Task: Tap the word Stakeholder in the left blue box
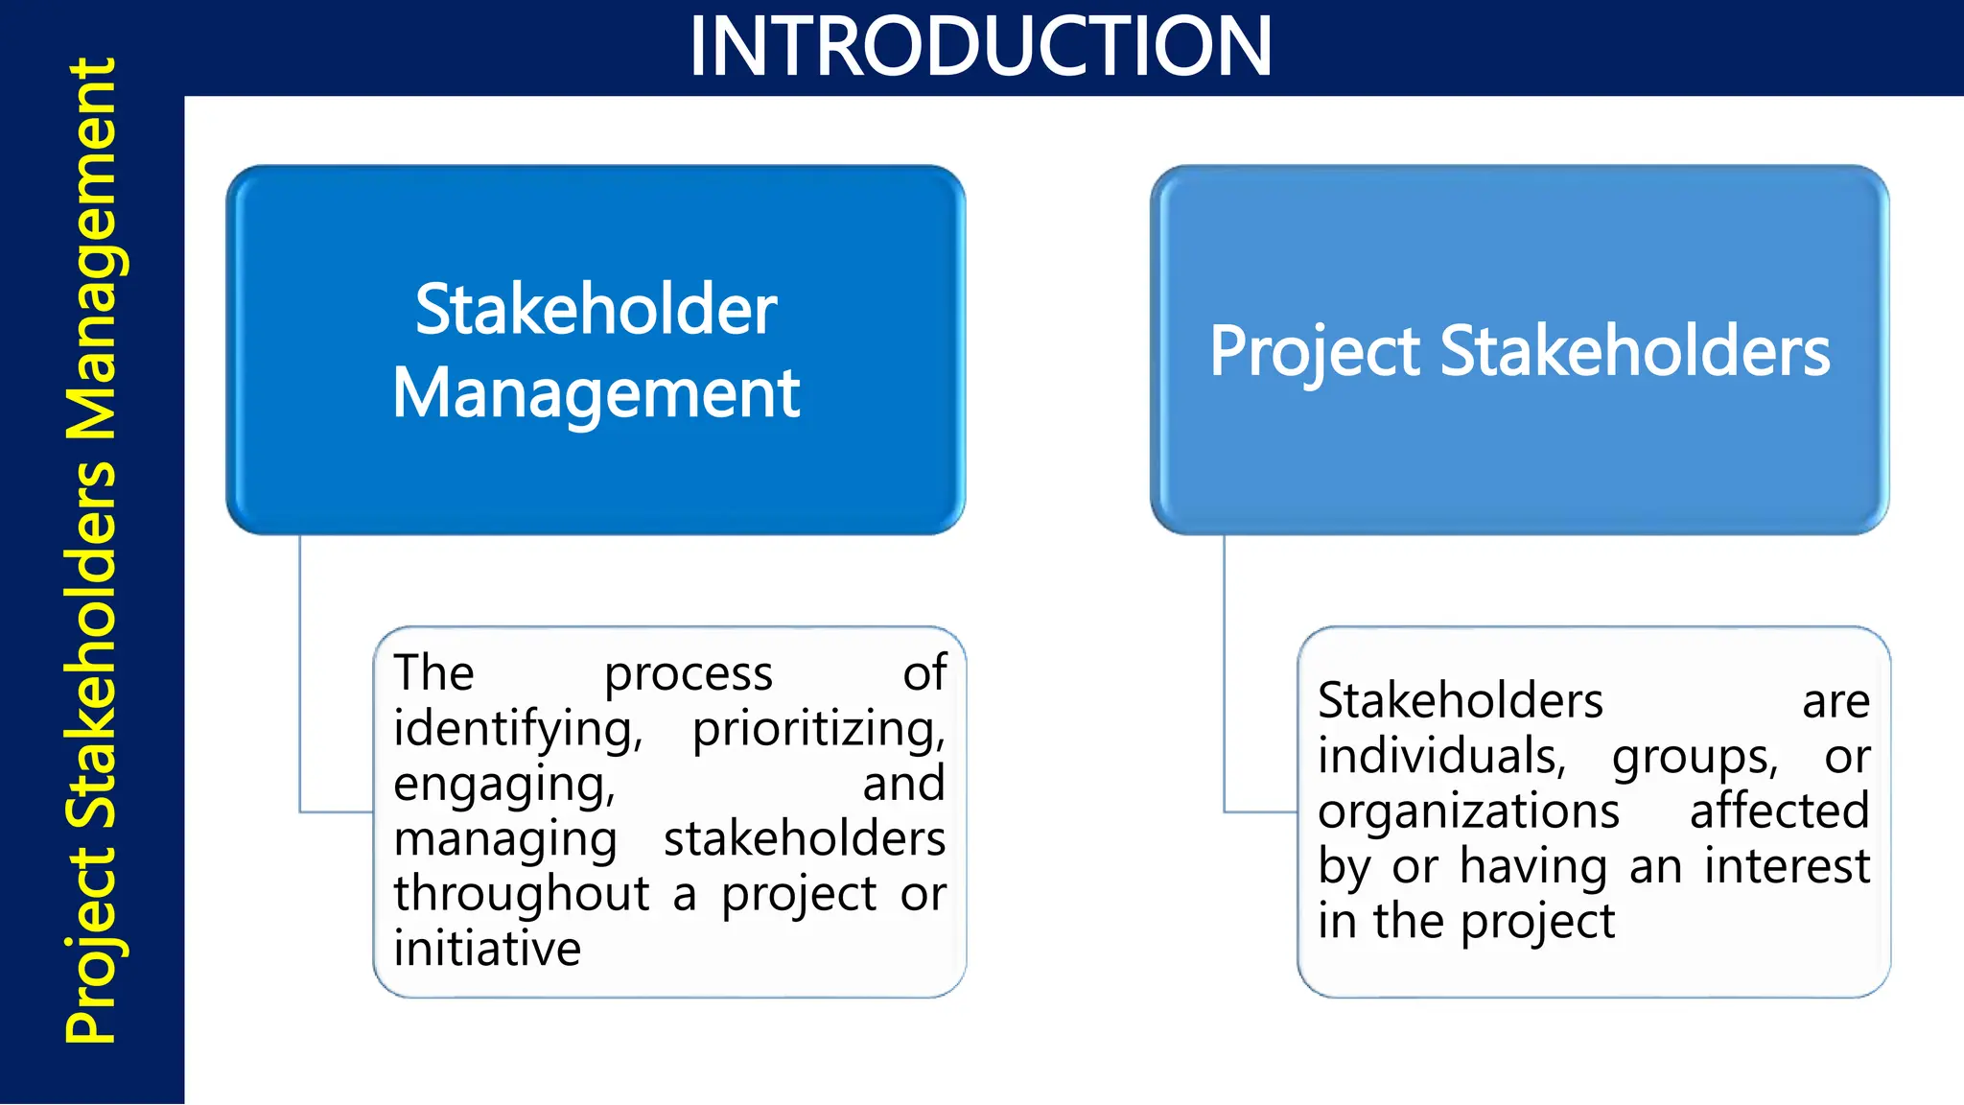[596, 310]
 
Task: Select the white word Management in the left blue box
[596, 393]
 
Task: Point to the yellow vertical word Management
[92, 249]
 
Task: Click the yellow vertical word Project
[92, 945]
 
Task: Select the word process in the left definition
[688, 674]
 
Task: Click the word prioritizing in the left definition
[818, 730]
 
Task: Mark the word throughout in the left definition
[522, 894]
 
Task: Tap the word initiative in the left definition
[487, 950]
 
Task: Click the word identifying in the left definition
[517, 730]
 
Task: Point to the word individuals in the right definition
[1441, 757]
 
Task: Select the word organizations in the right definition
[1468, 811]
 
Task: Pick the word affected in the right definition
[1779, 811]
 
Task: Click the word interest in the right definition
[1787, 866]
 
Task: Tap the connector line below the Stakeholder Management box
[300, 671]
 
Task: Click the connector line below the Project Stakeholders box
[1225, 671]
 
